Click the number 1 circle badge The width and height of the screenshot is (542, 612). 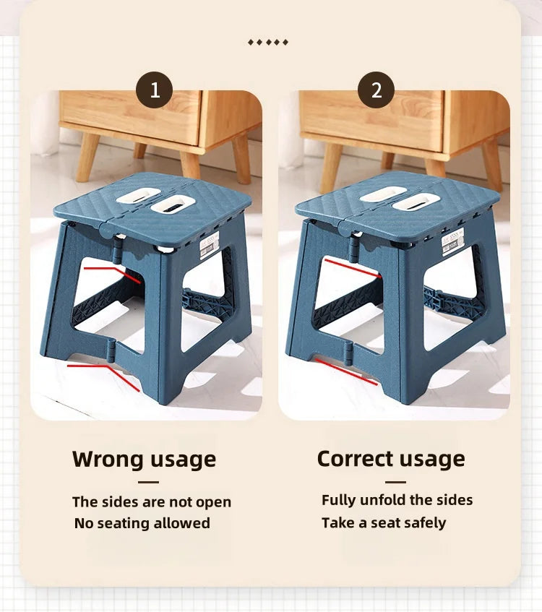(154, 90)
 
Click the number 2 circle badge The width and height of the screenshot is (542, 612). (376, 90)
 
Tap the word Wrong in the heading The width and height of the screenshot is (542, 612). (108, 459)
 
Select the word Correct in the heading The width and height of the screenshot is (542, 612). (355, 458)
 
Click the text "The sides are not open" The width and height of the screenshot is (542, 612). (152, 502)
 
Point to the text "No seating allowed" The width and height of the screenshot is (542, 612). (142, 523)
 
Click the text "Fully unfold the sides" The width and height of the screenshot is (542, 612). (397, 500)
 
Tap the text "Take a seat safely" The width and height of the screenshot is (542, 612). (384, 522)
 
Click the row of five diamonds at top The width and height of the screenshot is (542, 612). (268, 42)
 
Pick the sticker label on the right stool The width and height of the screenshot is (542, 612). (452, 241)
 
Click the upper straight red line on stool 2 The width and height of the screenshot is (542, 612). (352, 268)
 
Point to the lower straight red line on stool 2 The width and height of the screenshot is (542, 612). (346, 371)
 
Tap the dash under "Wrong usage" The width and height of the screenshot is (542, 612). (148, 482)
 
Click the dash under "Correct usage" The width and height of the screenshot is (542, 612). (395, 482)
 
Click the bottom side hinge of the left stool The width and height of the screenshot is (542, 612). (111, 350)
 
